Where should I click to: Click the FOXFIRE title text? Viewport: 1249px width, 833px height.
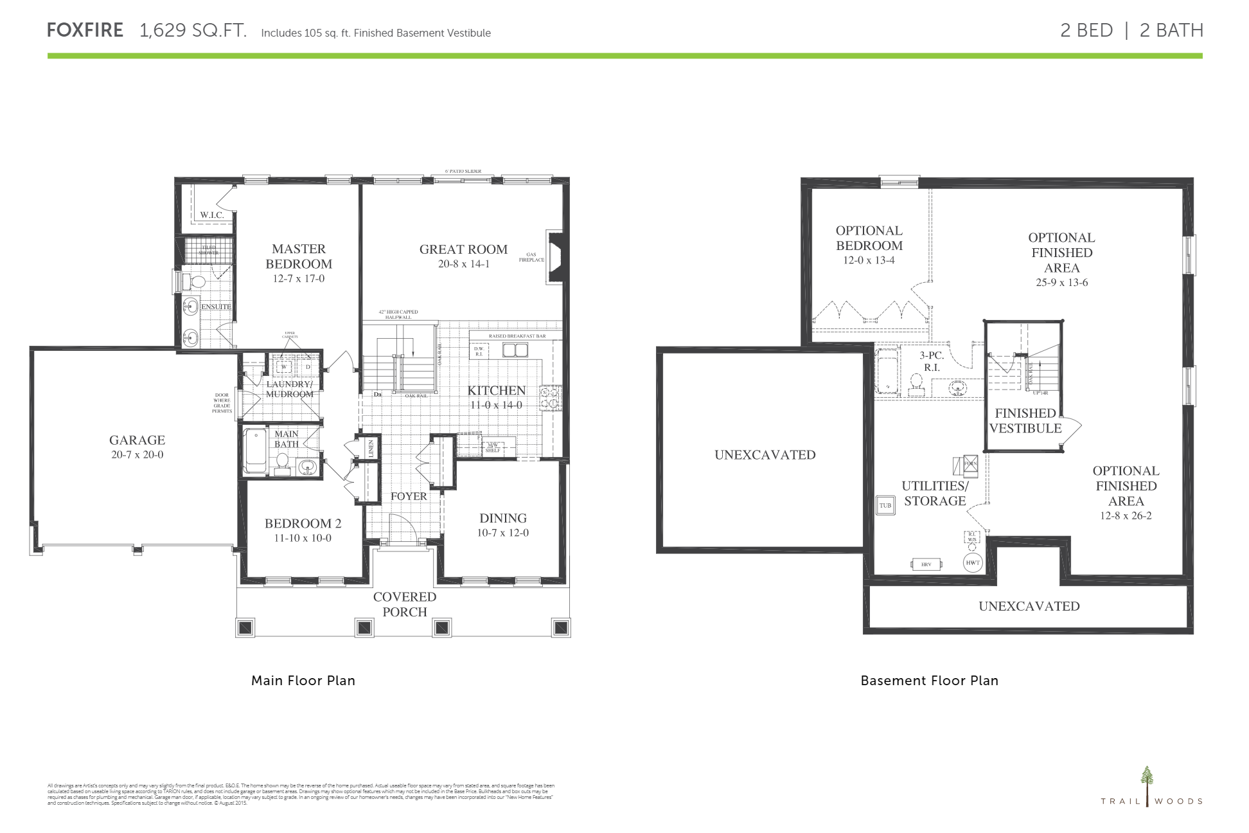(85, 30)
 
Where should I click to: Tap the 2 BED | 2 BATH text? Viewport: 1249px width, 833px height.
(1131, 30)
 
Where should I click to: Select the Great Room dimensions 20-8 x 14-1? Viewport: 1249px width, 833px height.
(463, 264)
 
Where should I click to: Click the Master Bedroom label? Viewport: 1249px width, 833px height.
(299, 256)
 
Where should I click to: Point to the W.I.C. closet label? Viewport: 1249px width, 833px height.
(212, 215)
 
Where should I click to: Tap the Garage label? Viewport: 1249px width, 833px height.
(137, 440)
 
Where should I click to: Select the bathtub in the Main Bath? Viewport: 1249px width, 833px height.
(255, 452)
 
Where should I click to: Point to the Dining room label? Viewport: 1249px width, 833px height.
(502, 518)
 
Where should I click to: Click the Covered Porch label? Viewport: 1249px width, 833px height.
(404, 604)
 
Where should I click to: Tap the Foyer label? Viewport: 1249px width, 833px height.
(409, 496)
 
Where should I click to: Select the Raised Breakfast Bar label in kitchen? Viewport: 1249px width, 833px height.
(517, 336)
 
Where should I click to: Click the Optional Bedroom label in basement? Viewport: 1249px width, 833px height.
(869, 238)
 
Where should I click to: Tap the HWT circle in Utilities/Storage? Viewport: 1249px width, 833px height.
(973, 563)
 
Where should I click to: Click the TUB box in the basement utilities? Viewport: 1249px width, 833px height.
(885, 505)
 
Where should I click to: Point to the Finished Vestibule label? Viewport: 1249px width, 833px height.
(1025, 420)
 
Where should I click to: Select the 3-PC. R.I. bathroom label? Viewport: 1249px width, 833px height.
(931, 361)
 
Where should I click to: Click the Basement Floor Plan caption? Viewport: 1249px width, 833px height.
(929, 681)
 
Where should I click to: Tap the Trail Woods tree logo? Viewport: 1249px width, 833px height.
(1147, 785)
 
